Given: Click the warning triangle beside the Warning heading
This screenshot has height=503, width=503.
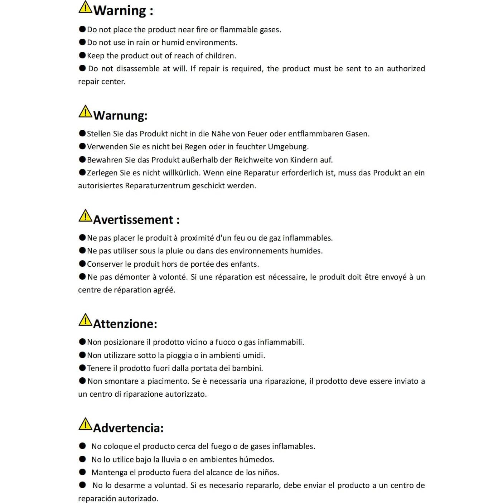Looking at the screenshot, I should (x=85, y=8).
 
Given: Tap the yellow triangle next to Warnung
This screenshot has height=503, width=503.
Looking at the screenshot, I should (x=85, y=112).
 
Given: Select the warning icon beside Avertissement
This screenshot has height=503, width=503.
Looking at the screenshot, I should (x=85, y=216).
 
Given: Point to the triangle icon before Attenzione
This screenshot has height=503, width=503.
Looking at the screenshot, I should (x=85, y=320).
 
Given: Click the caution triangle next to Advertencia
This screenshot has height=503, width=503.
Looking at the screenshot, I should (x=85, y=424).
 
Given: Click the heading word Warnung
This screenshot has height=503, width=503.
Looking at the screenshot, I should (x=120, y=115).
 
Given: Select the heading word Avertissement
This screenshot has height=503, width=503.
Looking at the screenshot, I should (x=133, y=219).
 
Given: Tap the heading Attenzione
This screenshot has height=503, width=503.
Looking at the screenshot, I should (x=125, y=324).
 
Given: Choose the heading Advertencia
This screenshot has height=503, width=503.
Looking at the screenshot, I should (x=128, y=428).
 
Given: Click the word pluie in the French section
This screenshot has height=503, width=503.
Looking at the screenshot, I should (x=175, y=251).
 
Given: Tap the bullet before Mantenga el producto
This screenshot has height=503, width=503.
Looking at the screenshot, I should (x=82, y=472).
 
